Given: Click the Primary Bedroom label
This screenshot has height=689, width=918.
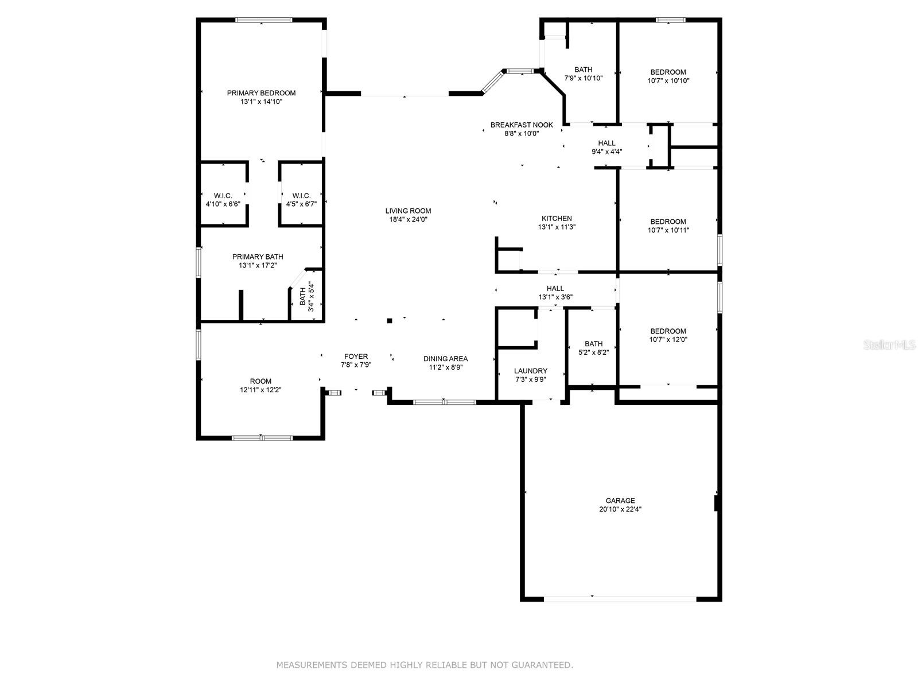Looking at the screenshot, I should [x=261, y=93].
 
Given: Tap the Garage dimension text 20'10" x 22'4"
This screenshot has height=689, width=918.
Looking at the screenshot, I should [x=620, y=509].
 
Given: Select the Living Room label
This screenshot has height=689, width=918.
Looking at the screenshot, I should [x=408, y=211].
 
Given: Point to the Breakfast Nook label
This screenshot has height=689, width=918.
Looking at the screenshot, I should [x=522, y=125].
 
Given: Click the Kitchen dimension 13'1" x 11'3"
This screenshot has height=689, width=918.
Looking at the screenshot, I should [x=557, y=227].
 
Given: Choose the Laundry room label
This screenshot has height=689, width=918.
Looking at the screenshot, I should [x=530, y=371].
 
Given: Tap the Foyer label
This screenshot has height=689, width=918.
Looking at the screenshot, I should [x=356, y=357].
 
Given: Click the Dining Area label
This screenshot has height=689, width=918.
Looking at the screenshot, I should [x=445, y=358].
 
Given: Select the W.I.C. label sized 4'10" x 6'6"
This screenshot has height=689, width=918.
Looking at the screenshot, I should [x=223, y=196].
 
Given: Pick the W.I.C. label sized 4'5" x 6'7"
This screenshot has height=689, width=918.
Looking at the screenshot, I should [x=301, y=196].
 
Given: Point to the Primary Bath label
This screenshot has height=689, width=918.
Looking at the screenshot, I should [x=258, y=257].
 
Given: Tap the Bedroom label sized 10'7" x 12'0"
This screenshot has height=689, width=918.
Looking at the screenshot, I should [x=668, y=331].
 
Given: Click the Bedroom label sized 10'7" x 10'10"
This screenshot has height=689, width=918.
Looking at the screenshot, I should [x=668, y=72].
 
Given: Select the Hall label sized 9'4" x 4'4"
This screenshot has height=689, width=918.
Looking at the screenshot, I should [x=606, y=143].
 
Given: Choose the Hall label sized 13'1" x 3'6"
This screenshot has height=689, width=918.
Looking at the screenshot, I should [x=555, y=288].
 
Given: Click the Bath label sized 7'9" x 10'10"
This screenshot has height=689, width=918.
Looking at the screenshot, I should [x=583, y=69].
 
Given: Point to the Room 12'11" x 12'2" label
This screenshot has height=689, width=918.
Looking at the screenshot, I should [x=260, y=381].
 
